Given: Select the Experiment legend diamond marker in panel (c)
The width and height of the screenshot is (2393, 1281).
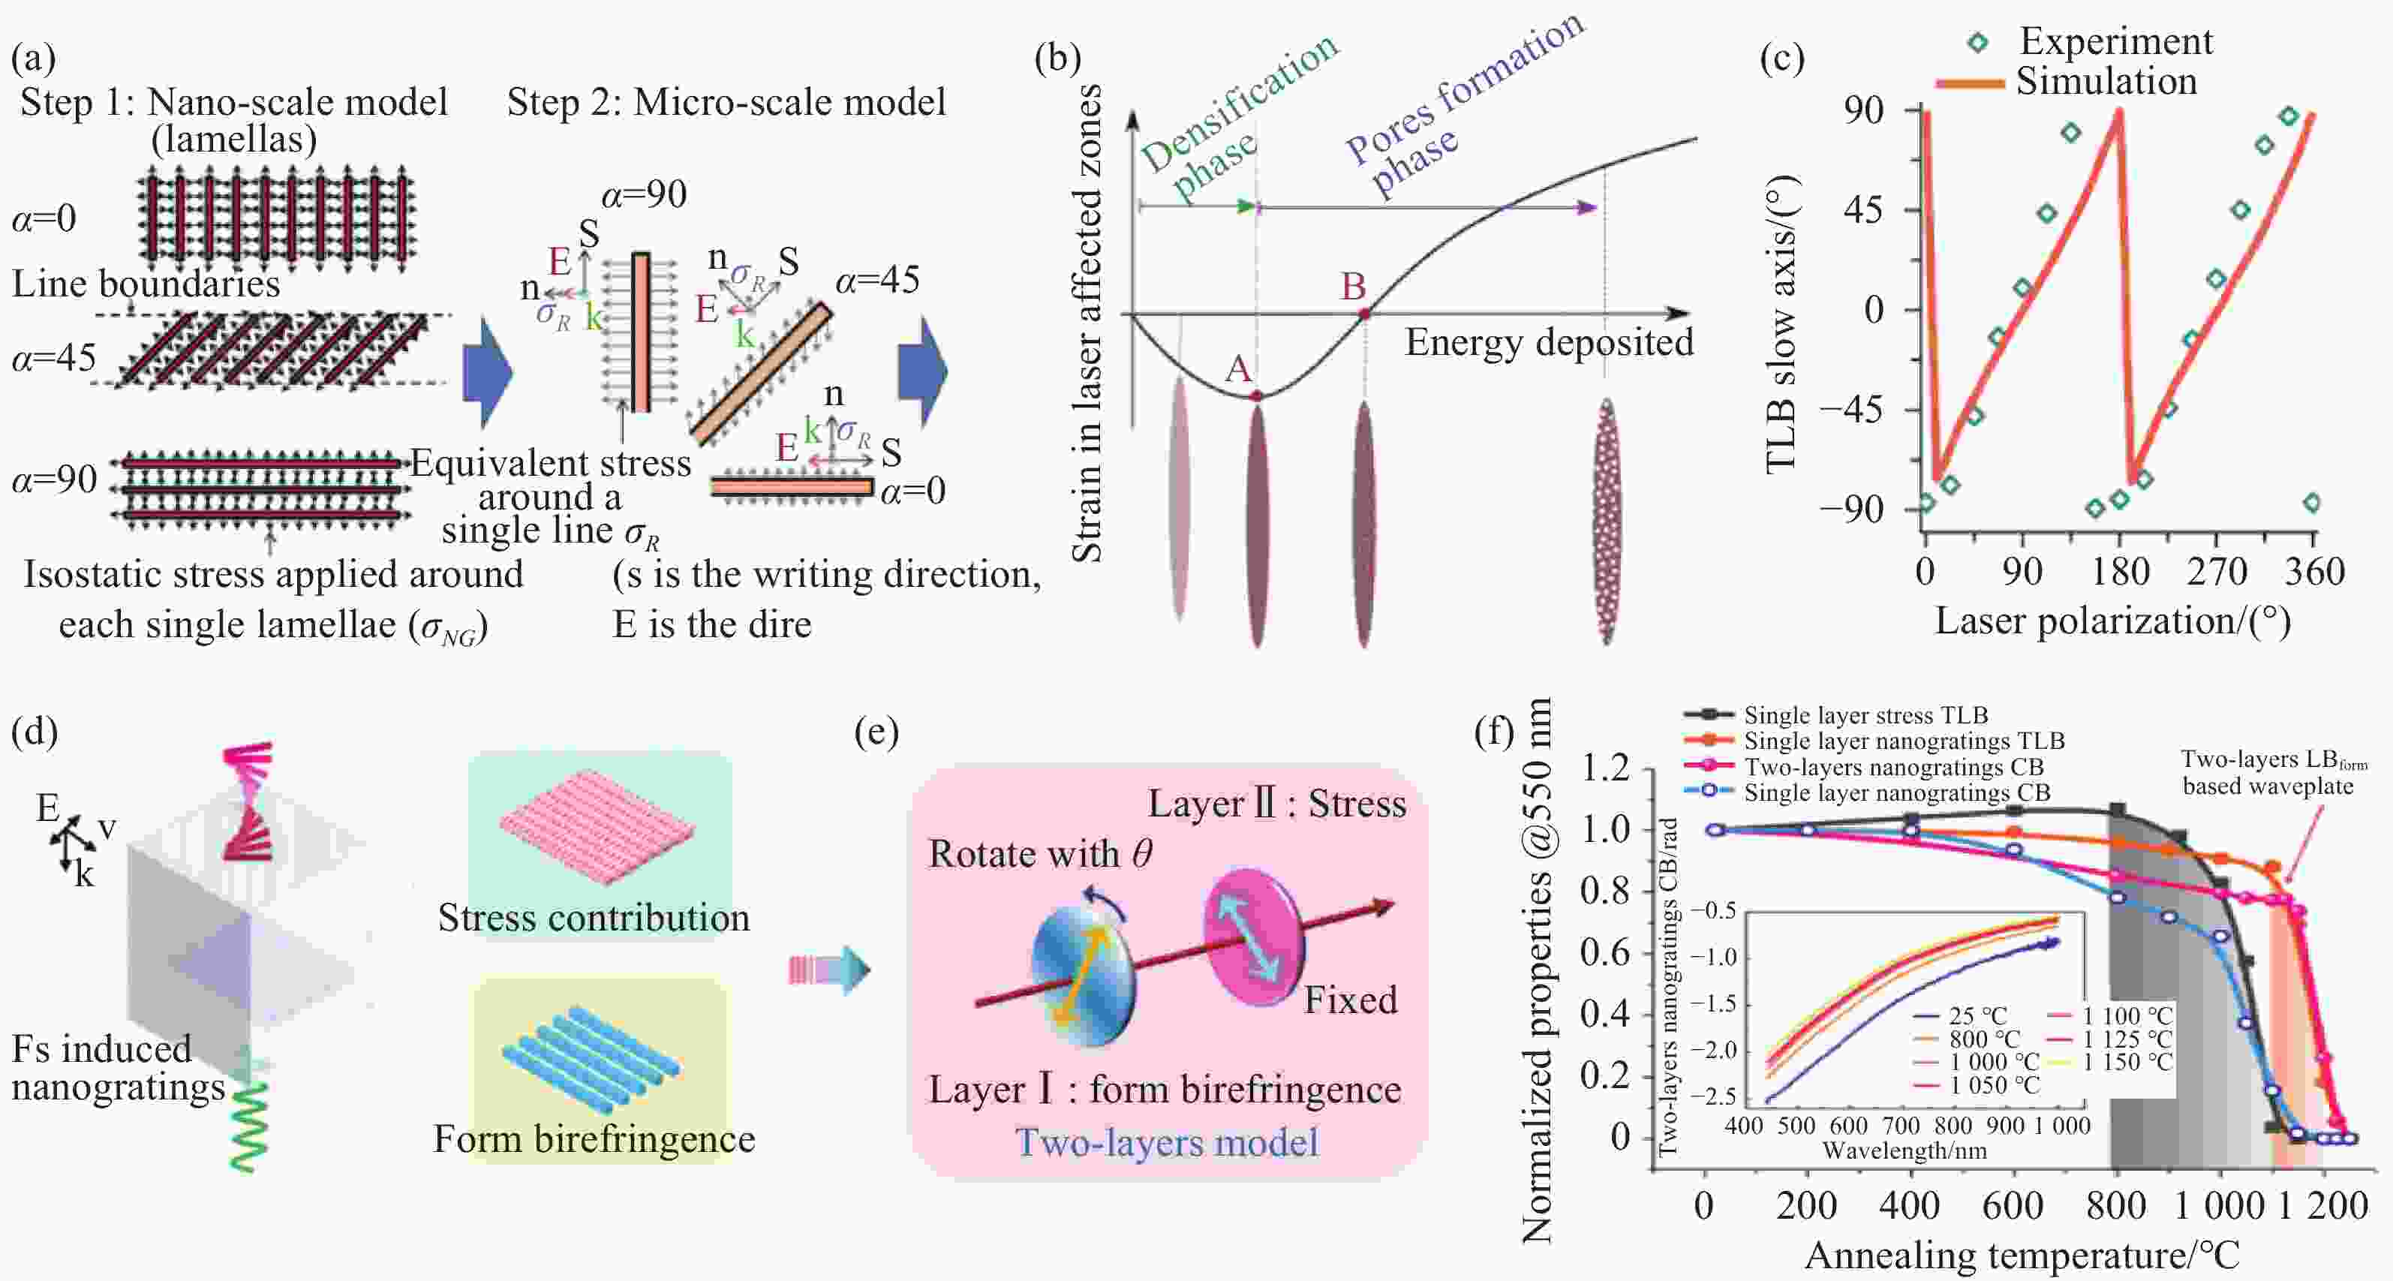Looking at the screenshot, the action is click(x=1978, y=42).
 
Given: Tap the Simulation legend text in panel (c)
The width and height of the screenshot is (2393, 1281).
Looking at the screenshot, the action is click(x=2106, y=82).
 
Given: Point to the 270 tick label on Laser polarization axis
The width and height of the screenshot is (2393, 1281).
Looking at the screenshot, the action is click(x=2217, y=571).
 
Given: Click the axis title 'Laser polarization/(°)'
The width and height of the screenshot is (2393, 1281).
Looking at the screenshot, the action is click(x=2112, y=621).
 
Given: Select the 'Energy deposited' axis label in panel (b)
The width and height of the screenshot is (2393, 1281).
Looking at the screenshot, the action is click(x=1549, y=342).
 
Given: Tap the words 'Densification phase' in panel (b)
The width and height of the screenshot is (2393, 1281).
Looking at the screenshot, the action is click(x=1226, y=121).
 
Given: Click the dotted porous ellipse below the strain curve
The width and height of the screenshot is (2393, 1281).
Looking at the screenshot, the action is click(x=1606, y=521).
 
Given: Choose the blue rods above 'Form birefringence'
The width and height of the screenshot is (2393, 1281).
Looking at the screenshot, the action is click(x=592, y=1055).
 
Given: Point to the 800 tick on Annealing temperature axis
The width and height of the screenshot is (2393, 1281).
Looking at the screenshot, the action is click(x=2116, y=1206).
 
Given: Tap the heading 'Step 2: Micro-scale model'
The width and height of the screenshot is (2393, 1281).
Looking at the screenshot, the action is click(x=726, y=102).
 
